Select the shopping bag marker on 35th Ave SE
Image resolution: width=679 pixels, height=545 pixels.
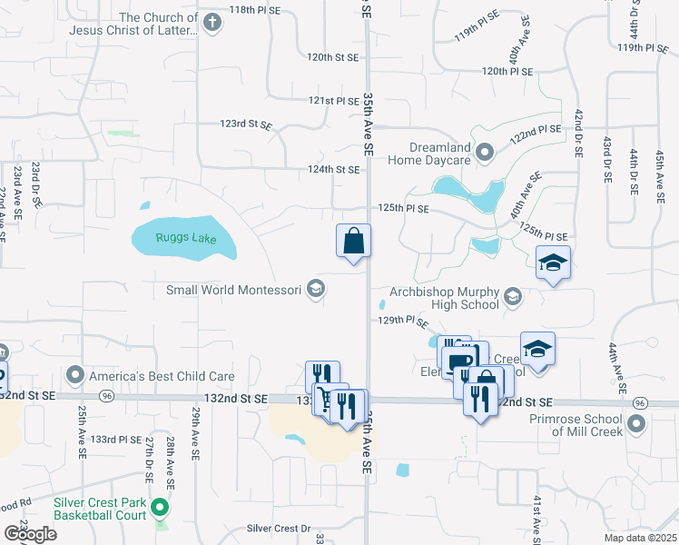tap(354, 242)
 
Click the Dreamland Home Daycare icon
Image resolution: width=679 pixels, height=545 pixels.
tap(484, 153)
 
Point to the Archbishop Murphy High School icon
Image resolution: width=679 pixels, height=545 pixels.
tap(513, 297)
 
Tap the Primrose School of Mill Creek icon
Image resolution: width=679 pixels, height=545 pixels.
tap(636, 423)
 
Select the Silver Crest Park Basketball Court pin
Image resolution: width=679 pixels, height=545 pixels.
tap(160, 507)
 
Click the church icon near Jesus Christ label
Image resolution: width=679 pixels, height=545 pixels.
tap(212, 24)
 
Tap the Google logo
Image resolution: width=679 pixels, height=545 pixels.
tap(30, 535)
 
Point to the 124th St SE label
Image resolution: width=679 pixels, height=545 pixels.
tap(334, 170)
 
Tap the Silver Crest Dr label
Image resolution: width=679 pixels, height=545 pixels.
tap(278, 528)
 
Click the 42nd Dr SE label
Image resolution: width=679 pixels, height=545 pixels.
tap(577, 132)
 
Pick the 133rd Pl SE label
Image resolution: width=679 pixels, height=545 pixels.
tap(118, 440)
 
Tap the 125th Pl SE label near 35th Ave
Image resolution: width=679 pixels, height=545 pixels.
tap(403, 208)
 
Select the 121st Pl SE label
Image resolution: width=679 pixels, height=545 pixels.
tap(334, 101)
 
